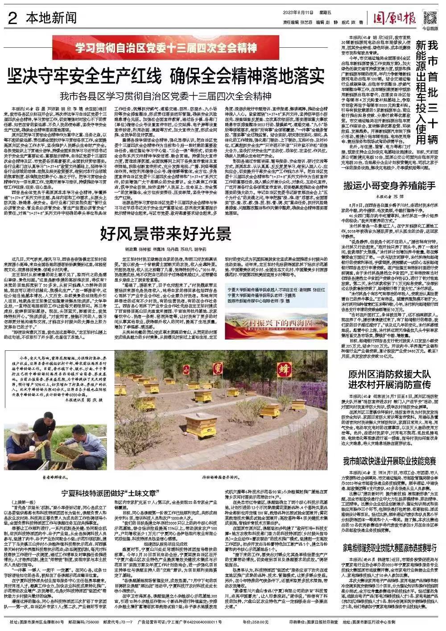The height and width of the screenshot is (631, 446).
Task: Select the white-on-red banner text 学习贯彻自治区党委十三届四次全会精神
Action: click(166, 47)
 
